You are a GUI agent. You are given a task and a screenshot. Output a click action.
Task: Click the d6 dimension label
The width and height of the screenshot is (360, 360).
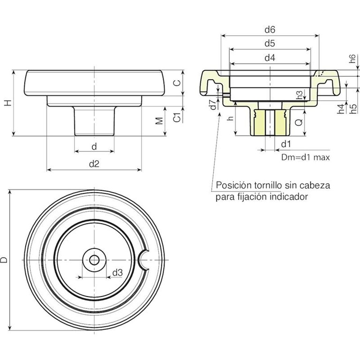[x=270, y=30]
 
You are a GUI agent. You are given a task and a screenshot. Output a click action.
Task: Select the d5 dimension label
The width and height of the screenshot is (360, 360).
[x=270, y=44]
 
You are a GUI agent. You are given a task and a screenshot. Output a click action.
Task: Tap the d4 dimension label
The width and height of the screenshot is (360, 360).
[x=270, y=58]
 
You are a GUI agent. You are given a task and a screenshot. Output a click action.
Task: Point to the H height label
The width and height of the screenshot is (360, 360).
[x=8, y=103]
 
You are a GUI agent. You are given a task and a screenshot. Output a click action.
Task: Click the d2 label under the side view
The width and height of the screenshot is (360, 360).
[x=94, y=164]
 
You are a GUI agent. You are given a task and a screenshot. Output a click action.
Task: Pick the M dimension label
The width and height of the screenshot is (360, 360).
[x=159, y=121]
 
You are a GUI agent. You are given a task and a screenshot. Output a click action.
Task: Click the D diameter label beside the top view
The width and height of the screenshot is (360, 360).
[x=4, y=260]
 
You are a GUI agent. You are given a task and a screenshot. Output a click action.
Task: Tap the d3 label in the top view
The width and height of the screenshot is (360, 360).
[x=118, y=273]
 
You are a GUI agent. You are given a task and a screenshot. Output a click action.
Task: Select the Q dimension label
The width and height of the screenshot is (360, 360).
[x=299, y=123]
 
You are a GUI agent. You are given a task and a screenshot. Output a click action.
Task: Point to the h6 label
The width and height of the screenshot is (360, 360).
[x=352, y=59]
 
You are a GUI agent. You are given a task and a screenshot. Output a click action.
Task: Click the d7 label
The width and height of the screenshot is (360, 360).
[x=213, y=105]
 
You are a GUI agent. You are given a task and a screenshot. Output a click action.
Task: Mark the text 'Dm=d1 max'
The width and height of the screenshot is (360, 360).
[x=306, y=157]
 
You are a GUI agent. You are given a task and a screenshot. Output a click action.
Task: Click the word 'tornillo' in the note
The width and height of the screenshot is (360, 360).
[x=267, y=185]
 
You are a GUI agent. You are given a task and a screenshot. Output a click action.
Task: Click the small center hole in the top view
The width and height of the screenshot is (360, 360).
[x=94, y=260]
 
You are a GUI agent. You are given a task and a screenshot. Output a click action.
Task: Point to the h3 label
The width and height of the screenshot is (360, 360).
[x=300, y=95]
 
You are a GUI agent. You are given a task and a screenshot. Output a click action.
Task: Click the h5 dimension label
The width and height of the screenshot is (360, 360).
[x=354, y=109]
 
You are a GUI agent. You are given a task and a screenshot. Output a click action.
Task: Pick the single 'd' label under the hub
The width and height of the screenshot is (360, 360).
[x=94, y=146]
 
